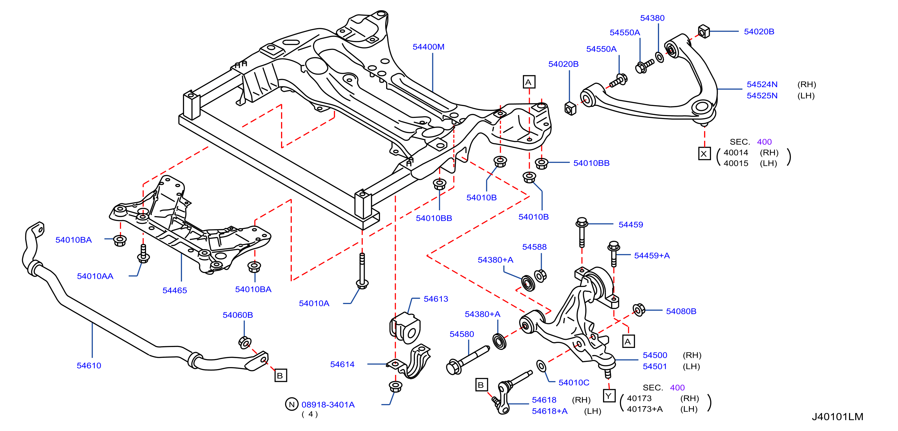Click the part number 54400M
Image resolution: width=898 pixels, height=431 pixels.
click(x=429, y=47)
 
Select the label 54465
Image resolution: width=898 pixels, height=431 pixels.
click(x=175, y=290)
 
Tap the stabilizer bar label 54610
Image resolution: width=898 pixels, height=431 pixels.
click(x=89, y=365)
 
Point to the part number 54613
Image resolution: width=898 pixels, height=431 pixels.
click(x=436, y=299)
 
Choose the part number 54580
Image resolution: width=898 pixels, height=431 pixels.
click(x=462, y=334)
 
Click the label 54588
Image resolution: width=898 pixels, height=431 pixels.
click(x=535, y=247)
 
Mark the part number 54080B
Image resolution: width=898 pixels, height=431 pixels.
click(x=681, y=311)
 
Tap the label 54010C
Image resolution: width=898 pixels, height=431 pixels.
click(x=574, y=382)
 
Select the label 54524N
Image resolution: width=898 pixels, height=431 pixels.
click(x=762, y=85)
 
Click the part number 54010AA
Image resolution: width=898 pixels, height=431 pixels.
click(x=95, y=276)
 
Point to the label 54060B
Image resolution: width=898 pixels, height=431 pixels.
click(x=238, y=315)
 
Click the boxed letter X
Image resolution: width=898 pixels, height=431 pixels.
click(x=704, y=154)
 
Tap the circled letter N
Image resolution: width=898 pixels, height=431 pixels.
click(x=292, y=404)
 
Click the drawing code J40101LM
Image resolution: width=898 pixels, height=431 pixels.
click(x=837, y=417)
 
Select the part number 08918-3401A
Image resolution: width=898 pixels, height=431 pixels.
click(x=328, y=405)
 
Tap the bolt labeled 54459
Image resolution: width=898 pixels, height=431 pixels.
click(x=582, y=232)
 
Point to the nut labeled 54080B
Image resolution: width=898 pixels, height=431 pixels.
click(x=639, y=310)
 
